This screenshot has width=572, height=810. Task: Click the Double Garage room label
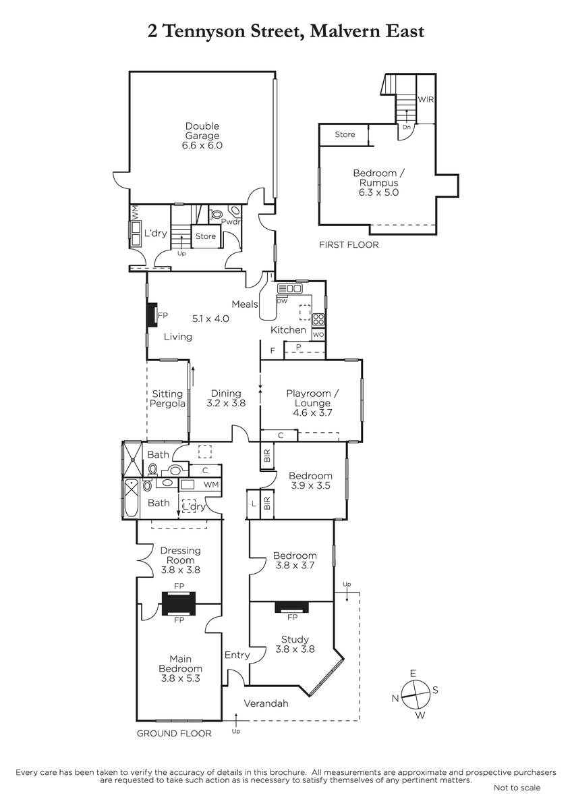202,131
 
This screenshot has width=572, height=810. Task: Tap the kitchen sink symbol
289,288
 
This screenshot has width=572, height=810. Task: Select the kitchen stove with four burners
318,319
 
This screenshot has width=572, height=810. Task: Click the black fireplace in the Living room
152,315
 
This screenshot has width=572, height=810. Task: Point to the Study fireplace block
291,607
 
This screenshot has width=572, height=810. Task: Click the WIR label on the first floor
426,99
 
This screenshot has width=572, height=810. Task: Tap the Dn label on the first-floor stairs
407,128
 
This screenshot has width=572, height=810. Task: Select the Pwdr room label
231,221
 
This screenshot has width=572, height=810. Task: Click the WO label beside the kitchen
318,335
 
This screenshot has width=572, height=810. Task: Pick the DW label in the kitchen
282,301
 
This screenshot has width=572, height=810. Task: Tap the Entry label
237,655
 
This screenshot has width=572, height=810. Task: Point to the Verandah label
266,703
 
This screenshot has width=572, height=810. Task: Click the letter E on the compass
413,673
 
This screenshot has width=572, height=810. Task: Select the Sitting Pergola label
167,398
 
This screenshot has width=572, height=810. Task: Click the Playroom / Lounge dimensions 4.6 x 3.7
312,412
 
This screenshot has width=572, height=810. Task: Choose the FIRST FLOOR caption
349,245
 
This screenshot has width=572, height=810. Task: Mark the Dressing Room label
180,555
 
